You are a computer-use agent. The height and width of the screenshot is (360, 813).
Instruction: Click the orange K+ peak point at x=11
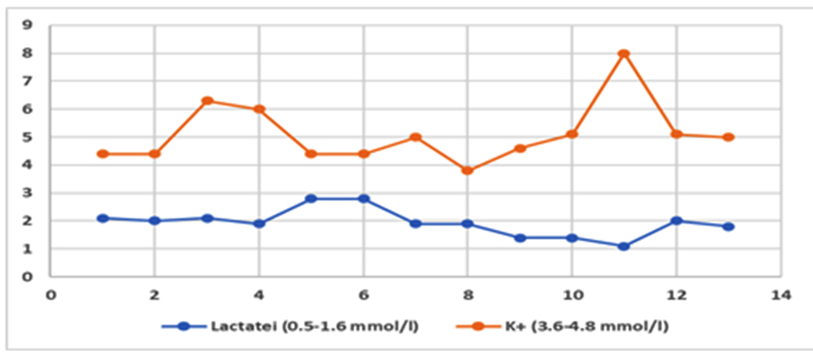click(x=624, y=53)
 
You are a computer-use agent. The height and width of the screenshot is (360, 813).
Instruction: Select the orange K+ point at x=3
click(x=207, y=101)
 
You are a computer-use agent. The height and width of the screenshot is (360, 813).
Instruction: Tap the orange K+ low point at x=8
click(x=468, y=170)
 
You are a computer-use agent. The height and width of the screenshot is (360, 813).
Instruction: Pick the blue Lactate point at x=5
click(x=311, y=199)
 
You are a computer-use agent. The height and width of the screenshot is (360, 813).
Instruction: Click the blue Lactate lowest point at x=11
click(x=624, y=246)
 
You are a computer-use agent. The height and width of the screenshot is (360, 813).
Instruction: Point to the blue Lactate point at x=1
click(x=103, y=218)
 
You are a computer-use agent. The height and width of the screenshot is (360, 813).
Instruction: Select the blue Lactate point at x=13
click(x=728, y=226)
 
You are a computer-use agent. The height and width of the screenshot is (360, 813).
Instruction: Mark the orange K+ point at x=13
click(x=728, y=137)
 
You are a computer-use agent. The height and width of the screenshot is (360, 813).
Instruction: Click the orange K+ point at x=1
click(x=103, y=154)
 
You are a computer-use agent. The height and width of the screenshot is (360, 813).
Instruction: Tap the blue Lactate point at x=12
click(x=677, y=221)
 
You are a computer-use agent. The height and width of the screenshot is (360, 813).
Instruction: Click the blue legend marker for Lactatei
click(x=185, y=326)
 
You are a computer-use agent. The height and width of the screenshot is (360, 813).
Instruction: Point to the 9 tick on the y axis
click(x=28, y=25)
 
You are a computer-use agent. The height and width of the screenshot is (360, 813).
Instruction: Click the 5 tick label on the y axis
click(x=28, y=137)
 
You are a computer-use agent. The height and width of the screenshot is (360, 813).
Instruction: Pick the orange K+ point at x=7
click(x=415, y=137)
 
